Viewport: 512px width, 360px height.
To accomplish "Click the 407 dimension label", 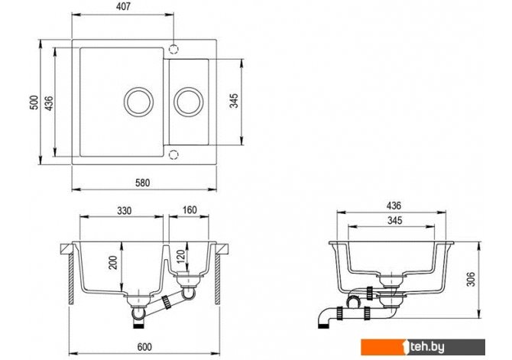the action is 123,6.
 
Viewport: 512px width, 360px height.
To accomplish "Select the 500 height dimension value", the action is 34,102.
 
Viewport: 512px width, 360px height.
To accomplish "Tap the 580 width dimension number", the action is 143,182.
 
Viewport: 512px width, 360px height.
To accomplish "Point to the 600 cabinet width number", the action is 144,346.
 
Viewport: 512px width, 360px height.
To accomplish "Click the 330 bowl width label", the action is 124,210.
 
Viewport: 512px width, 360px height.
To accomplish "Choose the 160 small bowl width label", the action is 190,209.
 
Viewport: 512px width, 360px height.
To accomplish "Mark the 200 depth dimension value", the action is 112,262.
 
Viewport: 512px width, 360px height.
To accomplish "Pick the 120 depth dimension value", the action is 182,257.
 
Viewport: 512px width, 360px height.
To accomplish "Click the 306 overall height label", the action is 471,279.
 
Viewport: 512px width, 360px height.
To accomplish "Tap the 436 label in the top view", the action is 49,103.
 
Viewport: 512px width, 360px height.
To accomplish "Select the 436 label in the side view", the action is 394,206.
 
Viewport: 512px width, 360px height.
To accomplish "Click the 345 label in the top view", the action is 234,101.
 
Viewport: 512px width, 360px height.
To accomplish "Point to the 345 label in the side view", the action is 395,220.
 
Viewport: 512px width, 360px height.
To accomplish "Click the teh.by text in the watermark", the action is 427,347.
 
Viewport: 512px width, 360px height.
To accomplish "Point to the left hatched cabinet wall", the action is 71,279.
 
